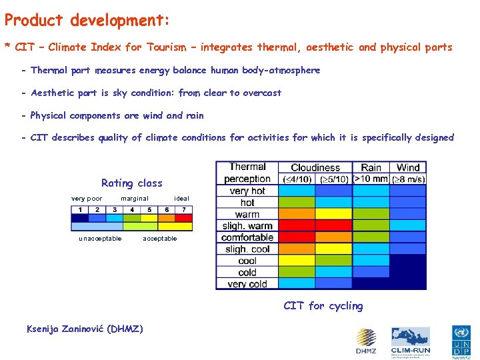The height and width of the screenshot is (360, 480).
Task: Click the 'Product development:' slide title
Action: tap(87, 21)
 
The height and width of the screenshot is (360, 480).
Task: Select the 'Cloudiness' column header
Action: tap(315, 168)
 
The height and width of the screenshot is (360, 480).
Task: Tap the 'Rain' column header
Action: tap(371, 168)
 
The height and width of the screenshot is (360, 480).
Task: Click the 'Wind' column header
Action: tap(408, 168)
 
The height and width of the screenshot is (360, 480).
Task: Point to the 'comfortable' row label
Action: tap(247, 237)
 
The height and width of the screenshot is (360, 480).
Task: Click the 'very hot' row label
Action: tap(247, 191)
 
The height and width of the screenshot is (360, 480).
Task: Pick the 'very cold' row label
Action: tap(247, 284)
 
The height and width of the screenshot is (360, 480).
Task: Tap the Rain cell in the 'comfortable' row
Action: tap(371, 237)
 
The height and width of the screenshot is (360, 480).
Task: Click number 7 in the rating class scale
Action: tap(183, 210)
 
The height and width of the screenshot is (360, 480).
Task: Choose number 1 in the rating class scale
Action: tap(80, 210)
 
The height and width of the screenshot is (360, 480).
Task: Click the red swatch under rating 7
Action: tap(183, 218)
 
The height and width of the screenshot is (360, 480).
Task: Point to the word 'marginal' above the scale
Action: tap(134, 199)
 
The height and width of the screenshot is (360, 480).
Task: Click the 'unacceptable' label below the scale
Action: tap(100, 239)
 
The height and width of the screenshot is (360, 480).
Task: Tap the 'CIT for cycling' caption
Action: tap(323, 306)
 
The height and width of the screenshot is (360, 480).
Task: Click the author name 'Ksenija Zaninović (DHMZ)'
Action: tap(84, 328)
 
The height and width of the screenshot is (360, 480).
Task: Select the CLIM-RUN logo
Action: tap(411, 340)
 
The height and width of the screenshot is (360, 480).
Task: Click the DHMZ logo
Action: tap(365, 341)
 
